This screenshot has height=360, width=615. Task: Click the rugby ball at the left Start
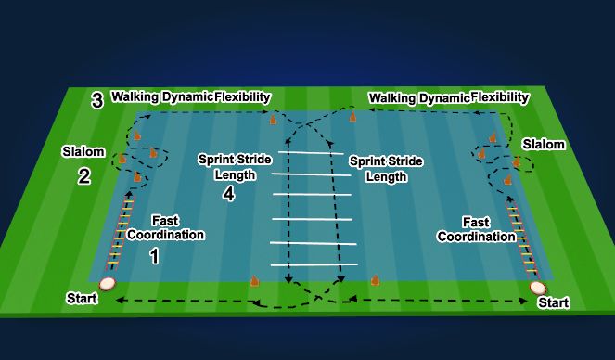point(109,285)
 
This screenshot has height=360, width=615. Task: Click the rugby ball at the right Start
point(538,289)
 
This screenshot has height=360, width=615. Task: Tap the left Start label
point(82,298)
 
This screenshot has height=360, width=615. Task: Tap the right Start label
point(554,303)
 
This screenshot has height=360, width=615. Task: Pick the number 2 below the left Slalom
point(83,175)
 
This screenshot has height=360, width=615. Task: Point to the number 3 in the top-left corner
point(96,100)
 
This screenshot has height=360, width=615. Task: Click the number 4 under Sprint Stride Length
point(229,194)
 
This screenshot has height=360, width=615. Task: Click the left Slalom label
point(80,150)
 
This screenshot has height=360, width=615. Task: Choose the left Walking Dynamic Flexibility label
point(190,96)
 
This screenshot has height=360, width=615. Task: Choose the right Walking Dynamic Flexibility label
point(449,97)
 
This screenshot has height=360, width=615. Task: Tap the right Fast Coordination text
point(488,230)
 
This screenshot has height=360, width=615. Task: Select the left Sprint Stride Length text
point(229,166)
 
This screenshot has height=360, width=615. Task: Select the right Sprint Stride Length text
point(385,168)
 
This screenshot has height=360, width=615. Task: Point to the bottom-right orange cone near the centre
point(376,279)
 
